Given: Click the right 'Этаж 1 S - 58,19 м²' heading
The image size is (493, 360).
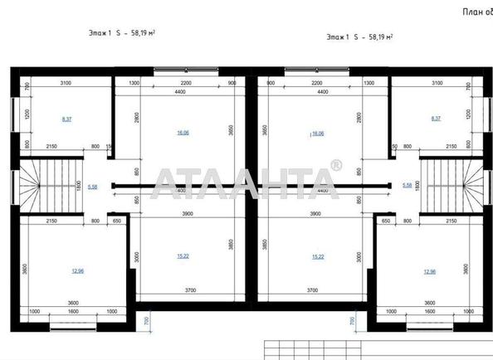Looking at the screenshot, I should point(359,37).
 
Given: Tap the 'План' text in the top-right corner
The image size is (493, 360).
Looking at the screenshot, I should point(475,11).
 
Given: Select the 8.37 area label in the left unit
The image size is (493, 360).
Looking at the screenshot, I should point(66,119).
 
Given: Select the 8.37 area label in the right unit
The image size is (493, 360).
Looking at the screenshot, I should point(437,119).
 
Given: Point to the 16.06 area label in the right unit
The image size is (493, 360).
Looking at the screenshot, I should point(316,132).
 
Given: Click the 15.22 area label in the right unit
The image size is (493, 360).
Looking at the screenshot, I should point(317,256).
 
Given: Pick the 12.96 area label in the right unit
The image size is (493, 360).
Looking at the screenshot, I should point(429,271).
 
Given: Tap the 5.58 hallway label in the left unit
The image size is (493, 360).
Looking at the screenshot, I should point(92,187).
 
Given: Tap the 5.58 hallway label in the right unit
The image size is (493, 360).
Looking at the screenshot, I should point(407,185).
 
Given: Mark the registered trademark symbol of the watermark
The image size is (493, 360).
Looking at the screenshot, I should point(335,165).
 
